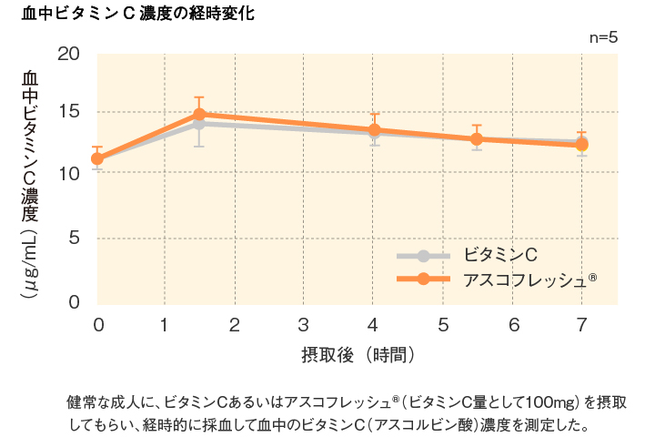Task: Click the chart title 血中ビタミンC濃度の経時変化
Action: (x=137, y=15)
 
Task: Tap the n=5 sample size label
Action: (x=603, y=37)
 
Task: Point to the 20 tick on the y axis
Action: (x=69, y=54)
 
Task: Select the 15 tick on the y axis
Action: (x=69, y=113)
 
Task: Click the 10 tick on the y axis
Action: (x=69, y=173)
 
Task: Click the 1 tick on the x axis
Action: (x=165, y=324)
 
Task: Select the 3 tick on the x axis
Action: (x=304, y=324)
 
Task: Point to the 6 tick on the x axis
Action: (x=513, y=324)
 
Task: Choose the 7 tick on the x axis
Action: (x=582, y=324)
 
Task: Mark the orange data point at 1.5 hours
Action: (x=199, y=115)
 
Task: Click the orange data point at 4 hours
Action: (x=374, y=130)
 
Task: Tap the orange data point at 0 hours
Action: (x=97, y=158)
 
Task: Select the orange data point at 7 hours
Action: (x=582, y=144)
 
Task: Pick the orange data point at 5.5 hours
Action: (x=477, y=139)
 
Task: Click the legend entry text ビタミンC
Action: (x=493, y=254)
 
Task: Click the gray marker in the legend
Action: (x=423, y=255)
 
